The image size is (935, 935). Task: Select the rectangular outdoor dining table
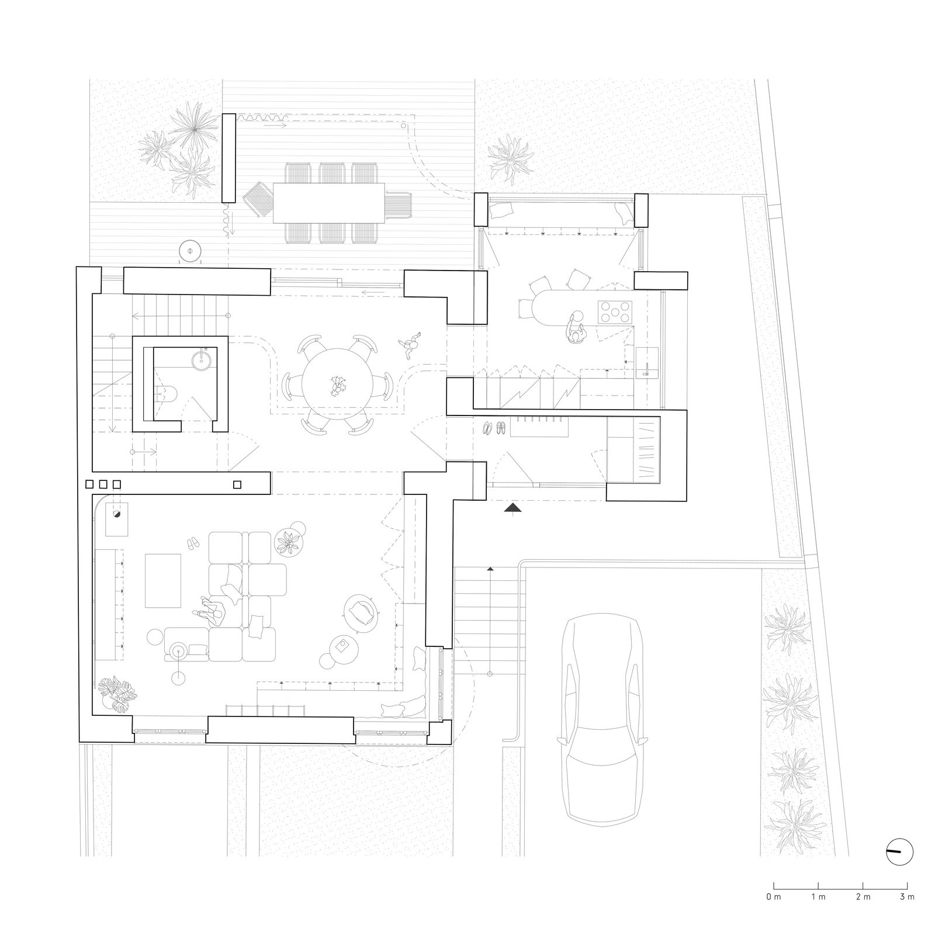(329, 203)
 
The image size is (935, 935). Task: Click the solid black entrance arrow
(512, 508)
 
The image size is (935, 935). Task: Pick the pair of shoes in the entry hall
(494, 428)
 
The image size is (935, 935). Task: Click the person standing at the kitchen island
(576, 328)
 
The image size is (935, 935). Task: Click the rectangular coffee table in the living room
(163, 580)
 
